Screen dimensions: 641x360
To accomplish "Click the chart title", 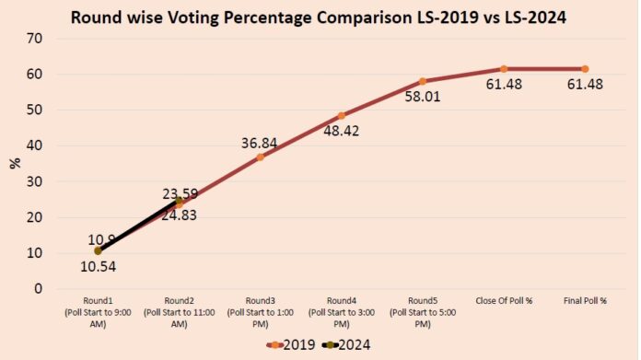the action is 319,17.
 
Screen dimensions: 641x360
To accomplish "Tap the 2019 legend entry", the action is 291,345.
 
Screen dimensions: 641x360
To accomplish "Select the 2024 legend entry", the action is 346,345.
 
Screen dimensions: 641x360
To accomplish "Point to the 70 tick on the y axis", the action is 34,39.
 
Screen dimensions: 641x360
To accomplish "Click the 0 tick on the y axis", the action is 38,288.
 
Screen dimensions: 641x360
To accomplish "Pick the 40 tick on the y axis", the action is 34,145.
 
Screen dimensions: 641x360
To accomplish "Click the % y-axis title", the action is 15,163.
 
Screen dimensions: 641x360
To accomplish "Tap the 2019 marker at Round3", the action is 260,157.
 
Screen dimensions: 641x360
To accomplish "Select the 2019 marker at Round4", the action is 342,116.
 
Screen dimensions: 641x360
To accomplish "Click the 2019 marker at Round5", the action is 423,81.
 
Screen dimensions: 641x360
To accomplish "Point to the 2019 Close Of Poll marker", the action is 504,69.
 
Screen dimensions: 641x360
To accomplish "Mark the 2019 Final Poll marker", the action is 585,69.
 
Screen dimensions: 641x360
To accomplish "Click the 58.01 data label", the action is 423,97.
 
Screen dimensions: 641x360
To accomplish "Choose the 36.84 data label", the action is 259,144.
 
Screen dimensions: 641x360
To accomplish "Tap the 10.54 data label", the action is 99,267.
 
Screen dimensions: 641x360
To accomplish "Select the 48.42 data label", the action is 342,131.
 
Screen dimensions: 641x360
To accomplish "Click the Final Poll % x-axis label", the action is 585,301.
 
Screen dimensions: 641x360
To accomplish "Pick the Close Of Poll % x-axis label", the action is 504,301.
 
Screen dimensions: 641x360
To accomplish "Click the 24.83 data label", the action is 179,215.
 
